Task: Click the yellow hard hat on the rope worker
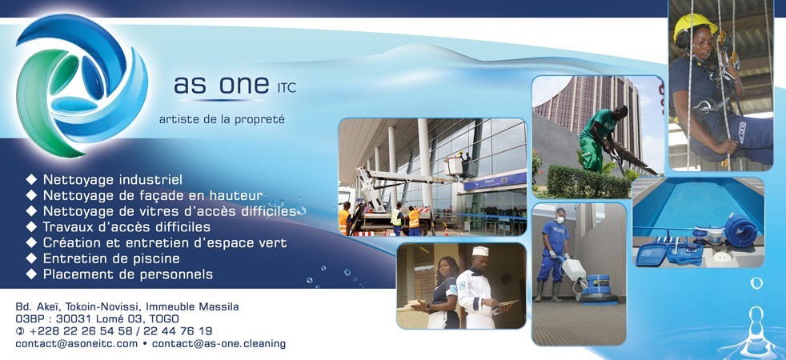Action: pyautogui.click(x=694, y=26)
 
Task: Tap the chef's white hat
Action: pyautogui.click(x=480, y=251)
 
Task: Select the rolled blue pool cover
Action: pyautogui.click(x=740, y=230)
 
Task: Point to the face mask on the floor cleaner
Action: pyautogui.click(x=560, y=220)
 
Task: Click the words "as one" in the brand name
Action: pyautogui.click(x=221, y=85)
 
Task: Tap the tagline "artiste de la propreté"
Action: pyautogui.click(x=222, y=120)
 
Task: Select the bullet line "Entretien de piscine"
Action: pyautogui.click(x=111, y=258)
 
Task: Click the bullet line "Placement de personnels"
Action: pyautogui.click(x=128, y=274)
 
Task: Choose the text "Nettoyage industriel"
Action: pyautogui.click(x=113, y=179)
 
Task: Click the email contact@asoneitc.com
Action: pyautogui.click(x=76, y=344)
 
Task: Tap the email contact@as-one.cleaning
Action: pyautogui.click(x=219, y=344)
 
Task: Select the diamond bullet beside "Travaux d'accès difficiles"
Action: pyautogui.click(x=31, y=226)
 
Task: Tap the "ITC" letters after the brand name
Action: pyautogui.click(x=287, y=88)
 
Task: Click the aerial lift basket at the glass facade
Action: pyautogui.click(x=455, y=166)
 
